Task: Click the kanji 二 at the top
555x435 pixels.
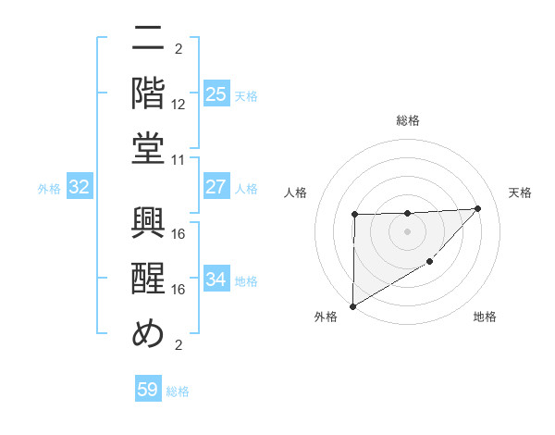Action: [148, 41]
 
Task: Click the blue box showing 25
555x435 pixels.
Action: [216, 93]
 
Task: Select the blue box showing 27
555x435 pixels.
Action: [216, 187]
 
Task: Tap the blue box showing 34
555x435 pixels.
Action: [216, 280]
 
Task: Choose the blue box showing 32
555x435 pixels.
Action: [80, 187]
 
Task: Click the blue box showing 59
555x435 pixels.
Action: [148, 390]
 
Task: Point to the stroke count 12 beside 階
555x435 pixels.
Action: [179, 105]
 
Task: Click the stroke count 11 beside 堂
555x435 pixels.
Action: [179, 159]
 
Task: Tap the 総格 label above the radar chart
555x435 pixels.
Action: [408, 121]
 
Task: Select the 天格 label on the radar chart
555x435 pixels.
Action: [520, 193]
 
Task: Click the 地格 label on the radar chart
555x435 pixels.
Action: [485, 317]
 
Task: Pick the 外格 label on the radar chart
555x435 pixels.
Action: [327, 317]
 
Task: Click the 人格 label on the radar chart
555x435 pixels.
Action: [295, 193]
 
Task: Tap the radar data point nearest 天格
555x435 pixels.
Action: [477, 208]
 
